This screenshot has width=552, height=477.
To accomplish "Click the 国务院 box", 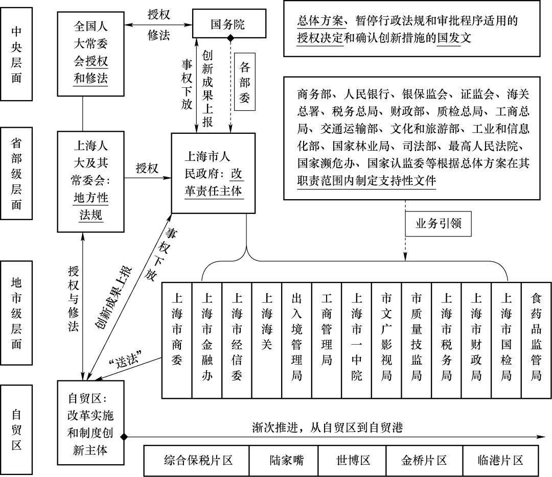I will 228,24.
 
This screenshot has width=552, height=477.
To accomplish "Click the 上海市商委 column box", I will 177,340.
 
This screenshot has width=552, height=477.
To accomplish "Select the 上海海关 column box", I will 266,340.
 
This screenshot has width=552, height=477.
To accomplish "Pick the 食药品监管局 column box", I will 536,340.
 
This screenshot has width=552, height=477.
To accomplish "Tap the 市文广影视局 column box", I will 386,340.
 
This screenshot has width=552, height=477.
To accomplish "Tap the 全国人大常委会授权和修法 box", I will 91,54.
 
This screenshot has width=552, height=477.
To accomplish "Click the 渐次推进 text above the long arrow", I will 327,427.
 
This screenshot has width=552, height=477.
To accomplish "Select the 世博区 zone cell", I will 352,460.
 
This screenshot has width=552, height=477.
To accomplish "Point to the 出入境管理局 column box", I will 297,340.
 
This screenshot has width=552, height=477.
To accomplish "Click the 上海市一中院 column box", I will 357,340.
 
